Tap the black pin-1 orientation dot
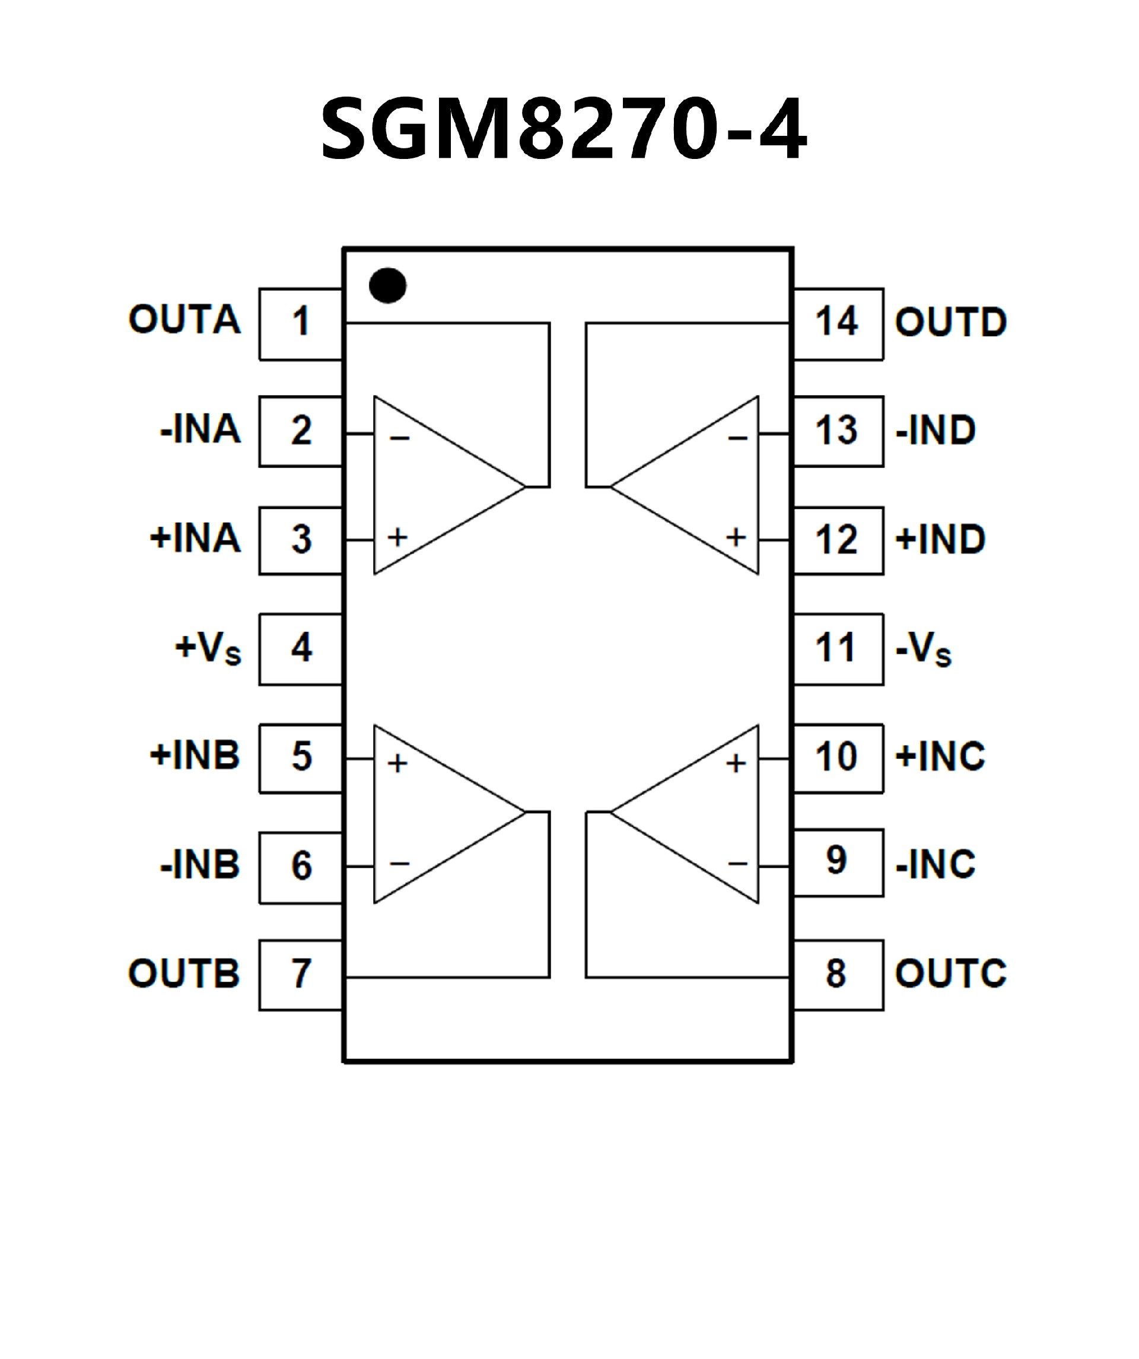(387, 285)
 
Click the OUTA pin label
(184, 320)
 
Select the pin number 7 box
(300, 975)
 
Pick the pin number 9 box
(838, 862)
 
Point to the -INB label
(200, 865)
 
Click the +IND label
(940, 539)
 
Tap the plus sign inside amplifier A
(398, 537)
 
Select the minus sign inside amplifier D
(737, 439)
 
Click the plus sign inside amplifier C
(736, 763)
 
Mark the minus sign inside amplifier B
(399, 863)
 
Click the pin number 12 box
(838, 540)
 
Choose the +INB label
(195, 756)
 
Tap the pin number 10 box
(838, 758)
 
